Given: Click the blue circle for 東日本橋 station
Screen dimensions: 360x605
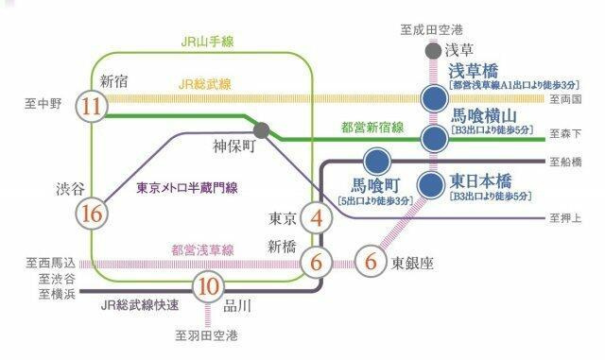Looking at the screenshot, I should pyautogui.click(x=434, y=182).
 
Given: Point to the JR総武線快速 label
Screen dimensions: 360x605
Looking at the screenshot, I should pyautogui.click(x=140, y=306).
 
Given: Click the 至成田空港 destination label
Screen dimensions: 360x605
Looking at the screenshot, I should pyautogui.click(x=434, y=31).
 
